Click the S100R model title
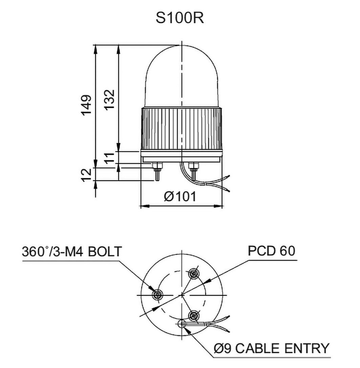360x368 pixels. (x=180, y=18)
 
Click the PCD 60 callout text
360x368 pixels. (x=271, y=251)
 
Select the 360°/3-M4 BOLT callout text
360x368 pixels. (x=72, y=251)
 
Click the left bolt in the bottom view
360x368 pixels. (x=157, y=295)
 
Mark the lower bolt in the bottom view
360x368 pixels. (x=194, y=316)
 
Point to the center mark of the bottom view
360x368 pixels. (x=182, y=295)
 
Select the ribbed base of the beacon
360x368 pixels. (x=182, y=128)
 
